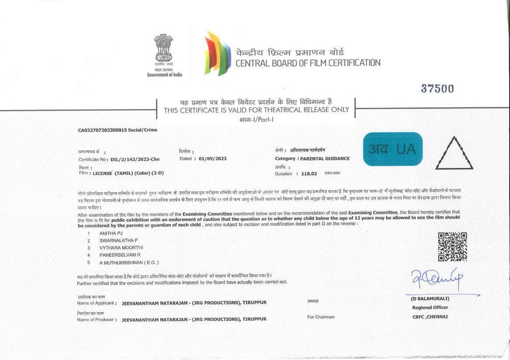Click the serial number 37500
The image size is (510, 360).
click(x=437, y=89)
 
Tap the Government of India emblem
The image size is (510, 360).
click(x=164, y=51)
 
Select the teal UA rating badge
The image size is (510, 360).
click(x=393, y=149)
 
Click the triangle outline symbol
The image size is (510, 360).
click(x=456, y=153)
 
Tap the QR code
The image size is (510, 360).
click(x=452, y=246)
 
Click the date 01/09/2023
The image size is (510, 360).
click(x=211, y=159)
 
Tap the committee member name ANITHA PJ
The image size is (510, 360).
click(x=111, y=233)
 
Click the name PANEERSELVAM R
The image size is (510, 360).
click(x=120, y=254)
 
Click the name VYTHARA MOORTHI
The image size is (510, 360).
click(x=121, y=247)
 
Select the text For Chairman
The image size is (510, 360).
click(x=321, y=317)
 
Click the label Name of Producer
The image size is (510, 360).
click(x=96, y=320)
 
